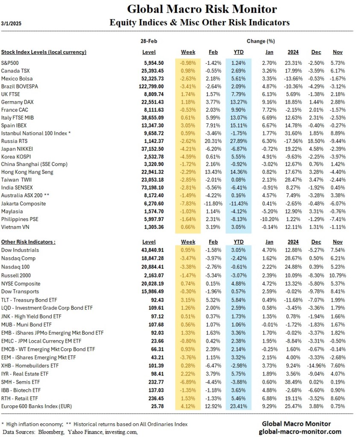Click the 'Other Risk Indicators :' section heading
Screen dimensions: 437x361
pyautogui.click(x=28, y=242)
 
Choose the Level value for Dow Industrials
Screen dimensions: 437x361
pyautogui.click(x=153, y=250)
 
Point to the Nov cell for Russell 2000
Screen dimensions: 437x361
pyautogui.click(x=337, y=275)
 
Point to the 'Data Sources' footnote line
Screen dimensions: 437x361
pyautogui.click(x=70, y=431)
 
